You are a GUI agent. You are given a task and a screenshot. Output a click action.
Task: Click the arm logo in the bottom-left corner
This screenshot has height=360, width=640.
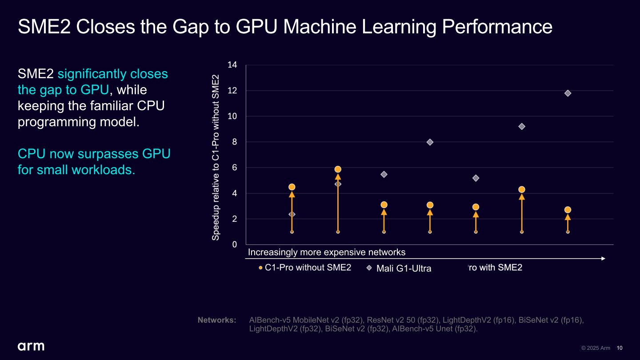31,346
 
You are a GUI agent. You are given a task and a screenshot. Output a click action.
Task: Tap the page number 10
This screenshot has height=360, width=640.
620,348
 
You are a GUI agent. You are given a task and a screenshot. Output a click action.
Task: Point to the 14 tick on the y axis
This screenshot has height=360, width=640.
232,65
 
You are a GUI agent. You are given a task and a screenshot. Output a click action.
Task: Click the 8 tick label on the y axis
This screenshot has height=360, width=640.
234,142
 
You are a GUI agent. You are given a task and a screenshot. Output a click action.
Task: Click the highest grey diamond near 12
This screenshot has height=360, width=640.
568,93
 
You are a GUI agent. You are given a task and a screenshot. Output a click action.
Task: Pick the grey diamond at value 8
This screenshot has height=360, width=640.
430,142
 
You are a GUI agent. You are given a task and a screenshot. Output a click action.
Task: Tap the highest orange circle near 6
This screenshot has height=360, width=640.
338,169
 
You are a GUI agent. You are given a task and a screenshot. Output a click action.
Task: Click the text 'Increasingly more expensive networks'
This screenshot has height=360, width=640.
327,252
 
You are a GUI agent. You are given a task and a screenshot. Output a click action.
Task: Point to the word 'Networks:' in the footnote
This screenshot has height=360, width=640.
217,320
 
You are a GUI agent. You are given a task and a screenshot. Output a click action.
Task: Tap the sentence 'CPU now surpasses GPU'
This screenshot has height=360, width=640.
94,154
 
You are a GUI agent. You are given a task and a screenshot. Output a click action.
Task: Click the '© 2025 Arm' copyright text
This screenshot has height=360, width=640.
596,348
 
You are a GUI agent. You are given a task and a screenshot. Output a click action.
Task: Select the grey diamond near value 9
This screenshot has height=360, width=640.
522,127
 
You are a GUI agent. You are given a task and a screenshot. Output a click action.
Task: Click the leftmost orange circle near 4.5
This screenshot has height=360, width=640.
292,187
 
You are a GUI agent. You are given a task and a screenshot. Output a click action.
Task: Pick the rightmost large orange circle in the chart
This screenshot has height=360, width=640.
568,210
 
